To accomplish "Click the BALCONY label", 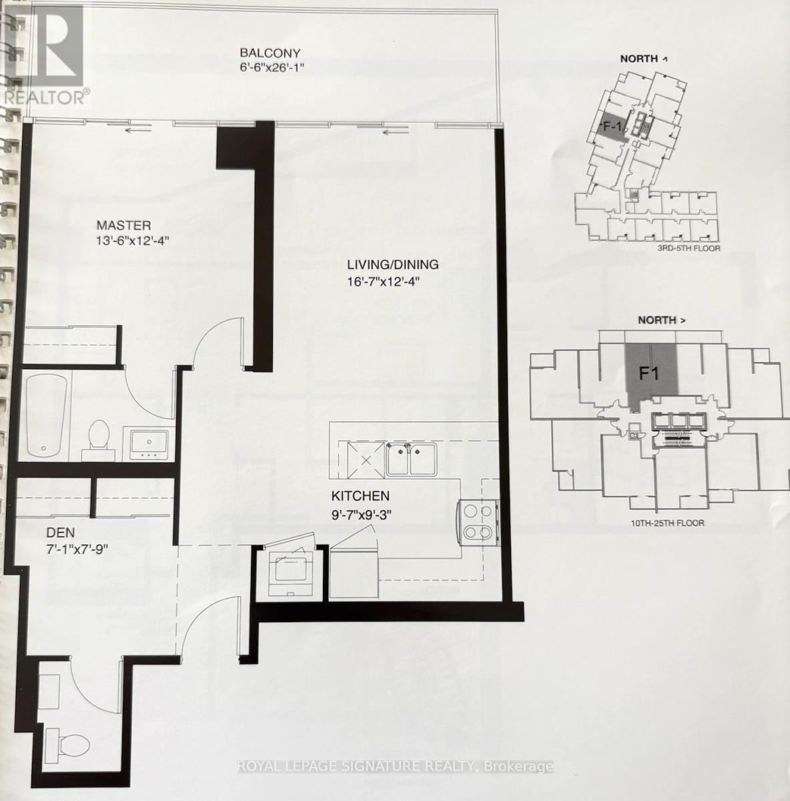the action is coord(270,53).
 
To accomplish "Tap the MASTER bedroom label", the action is coord(123,226).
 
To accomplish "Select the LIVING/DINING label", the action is coord(393,264).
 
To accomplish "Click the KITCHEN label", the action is coord(360,495).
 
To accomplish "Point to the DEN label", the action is coord(61,532).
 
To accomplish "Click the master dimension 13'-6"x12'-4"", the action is coord(133,241).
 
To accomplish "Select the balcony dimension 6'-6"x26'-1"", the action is coord(270,68).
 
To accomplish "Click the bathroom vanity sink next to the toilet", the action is coord(149,443).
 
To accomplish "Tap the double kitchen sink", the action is coord(412,459).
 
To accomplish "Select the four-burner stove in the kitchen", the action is coord(478,521).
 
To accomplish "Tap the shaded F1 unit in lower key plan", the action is coord(651,373).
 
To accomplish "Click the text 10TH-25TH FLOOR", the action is coord(667,523).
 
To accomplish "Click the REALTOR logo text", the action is coord(46,98).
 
